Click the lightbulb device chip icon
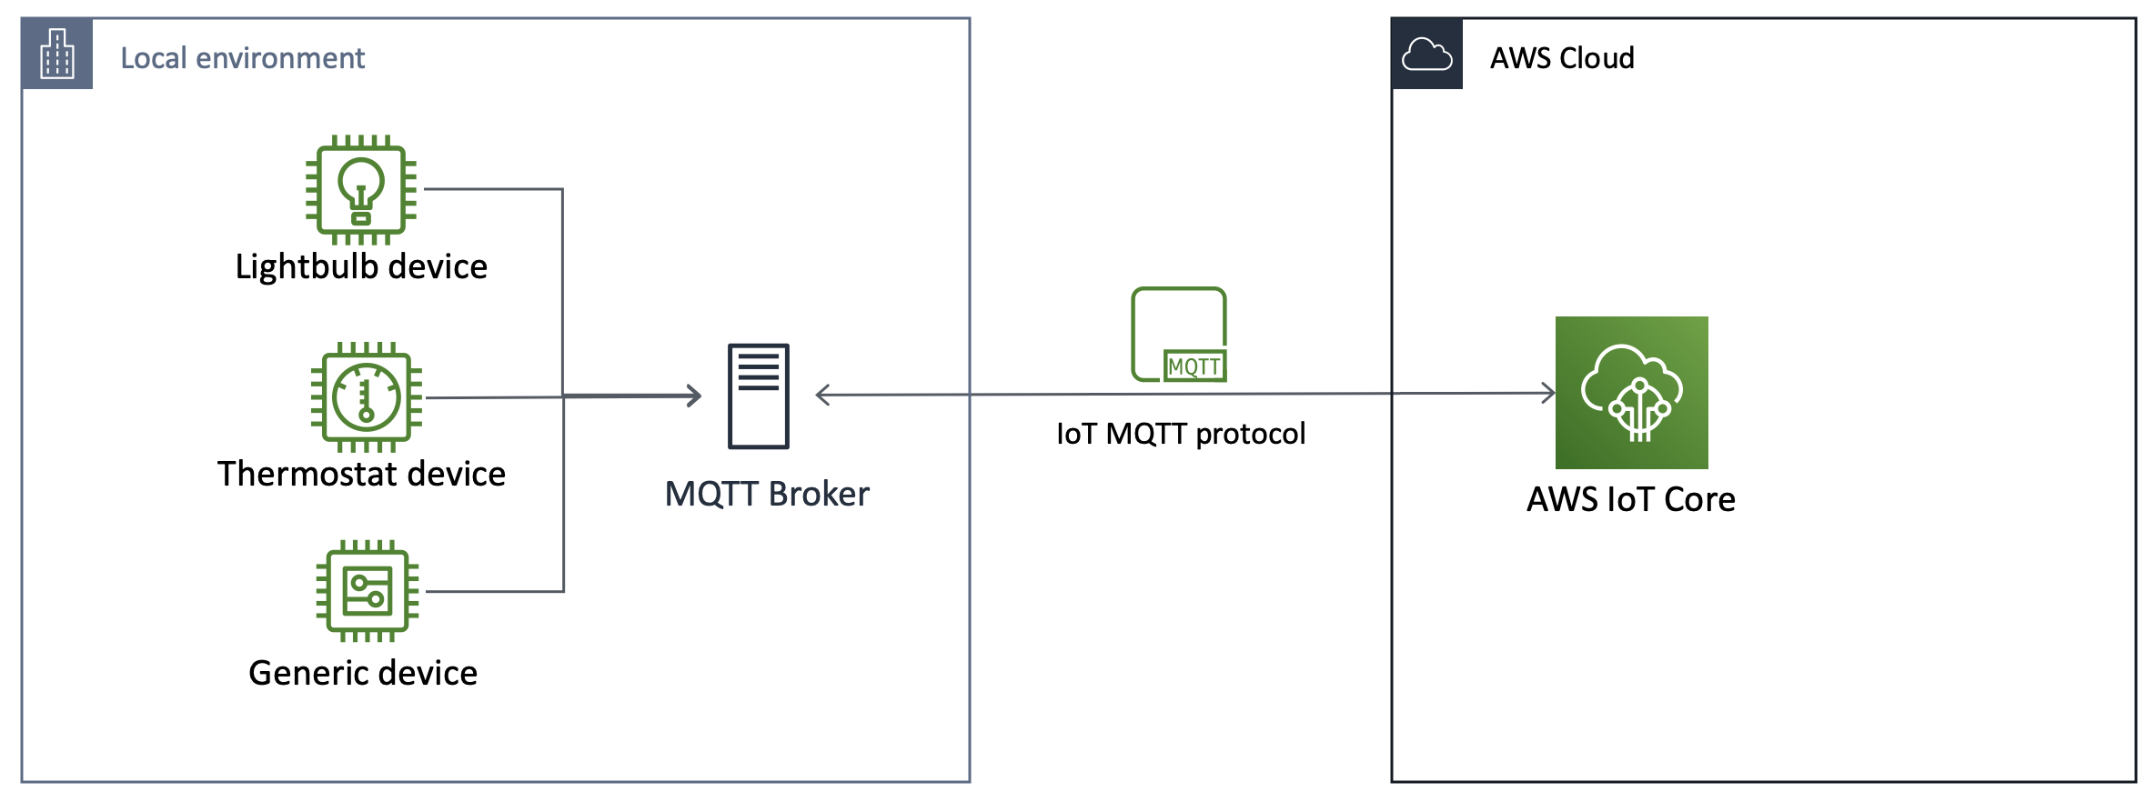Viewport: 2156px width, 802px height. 361,190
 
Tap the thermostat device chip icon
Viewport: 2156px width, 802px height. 366,397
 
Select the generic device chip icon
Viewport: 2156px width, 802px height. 367,591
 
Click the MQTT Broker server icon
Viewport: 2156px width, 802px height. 758,396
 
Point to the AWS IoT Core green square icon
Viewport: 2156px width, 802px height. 1631,392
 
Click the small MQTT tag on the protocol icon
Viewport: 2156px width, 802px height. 1194,366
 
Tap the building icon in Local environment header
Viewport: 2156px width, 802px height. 56,55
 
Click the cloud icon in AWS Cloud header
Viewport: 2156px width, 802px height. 1426,55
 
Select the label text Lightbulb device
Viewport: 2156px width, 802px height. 361,267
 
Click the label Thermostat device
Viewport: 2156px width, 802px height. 361,475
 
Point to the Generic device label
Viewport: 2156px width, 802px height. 363,674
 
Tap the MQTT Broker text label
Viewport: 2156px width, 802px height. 767,495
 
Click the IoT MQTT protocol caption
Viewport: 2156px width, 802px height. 1181,434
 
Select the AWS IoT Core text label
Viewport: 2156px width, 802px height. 1630,500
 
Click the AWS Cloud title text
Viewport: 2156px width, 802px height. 1562,58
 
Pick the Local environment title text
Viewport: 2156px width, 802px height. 242,58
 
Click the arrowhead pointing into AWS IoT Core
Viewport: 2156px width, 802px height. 1548,393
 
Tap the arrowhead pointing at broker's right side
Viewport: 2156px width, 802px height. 822,396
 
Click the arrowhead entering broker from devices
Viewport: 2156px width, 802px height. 694,396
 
